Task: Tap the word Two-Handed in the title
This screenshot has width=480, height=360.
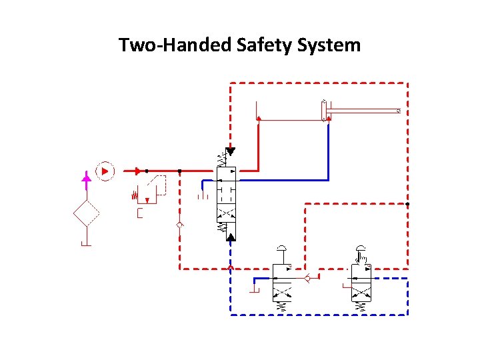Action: [175, 45]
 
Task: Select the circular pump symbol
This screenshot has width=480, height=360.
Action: [105, 171]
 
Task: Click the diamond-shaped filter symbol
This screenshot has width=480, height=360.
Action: [86, 213]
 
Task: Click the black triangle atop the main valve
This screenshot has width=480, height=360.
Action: [231, 151]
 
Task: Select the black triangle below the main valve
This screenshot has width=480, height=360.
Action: [231, 236]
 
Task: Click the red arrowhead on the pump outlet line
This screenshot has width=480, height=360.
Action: [137, 171]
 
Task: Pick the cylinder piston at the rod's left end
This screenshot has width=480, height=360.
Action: [324, 111]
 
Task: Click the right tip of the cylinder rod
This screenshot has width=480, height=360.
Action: [398, 111]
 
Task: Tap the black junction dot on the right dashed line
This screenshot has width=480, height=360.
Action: [407, 203]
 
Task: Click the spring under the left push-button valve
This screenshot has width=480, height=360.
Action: [283, 307]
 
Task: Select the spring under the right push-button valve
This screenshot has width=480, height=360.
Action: [362, 307]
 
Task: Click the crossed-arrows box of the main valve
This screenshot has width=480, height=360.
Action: [227, 214]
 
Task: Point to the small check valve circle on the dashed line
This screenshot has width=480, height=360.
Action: [179, 225]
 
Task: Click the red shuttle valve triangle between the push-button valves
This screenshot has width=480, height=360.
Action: [307, 277]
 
